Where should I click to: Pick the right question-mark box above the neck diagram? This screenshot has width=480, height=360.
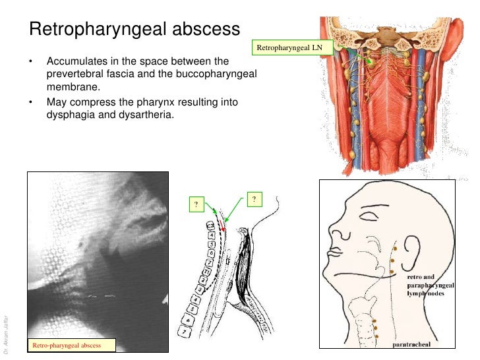253,198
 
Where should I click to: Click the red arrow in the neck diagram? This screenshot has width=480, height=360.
222,229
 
